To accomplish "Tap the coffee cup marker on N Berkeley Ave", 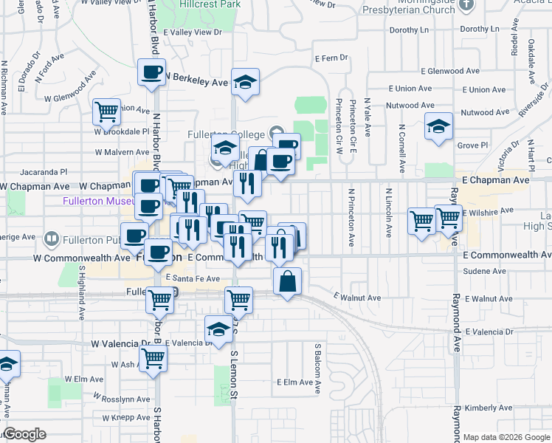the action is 152,72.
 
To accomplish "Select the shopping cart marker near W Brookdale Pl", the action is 106,112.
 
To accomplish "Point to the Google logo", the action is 24,434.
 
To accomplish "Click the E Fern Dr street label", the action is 331,58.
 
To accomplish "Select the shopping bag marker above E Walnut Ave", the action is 287,281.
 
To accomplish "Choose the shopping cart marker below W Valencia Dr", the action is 153,359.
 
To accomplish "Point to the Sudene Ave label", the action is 484,271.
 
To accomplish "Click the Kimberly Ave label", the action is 484,408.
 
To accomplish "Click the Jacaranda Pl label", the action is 44,170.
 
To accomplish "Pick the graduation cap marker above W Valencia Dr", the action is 218,329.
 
